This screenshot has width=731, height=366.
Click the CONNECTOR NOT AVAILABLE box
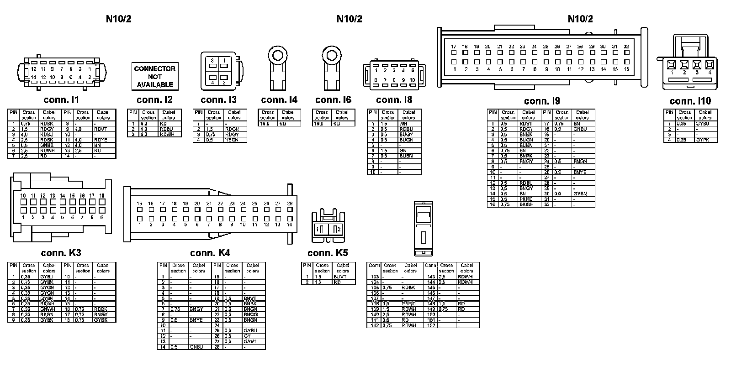[x=155, y=76]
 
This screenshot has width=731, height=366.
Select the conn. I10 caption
[x=690, y=101]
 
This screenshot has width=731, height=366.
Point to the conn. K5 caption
[x=328, y=253]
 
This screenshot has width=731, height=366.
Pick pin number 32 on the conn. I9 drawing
[x=626, y=47]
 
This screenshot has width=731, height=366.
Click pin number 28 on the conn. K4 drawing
[x=290, y=204]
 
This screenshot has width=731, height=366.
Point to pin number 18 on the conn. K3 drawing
[x=101, y=196]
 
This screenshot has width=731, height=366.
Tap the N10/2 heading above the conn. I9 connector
[x=580, y=19]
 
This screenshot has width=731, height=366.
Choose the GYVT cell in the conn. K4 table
[x=250, y=341]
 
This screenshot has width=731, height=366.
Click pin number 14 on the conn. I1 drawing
[x=34, y=78]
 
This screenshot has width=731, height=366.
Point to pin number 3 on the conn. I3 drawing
[x=212, y=61]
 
